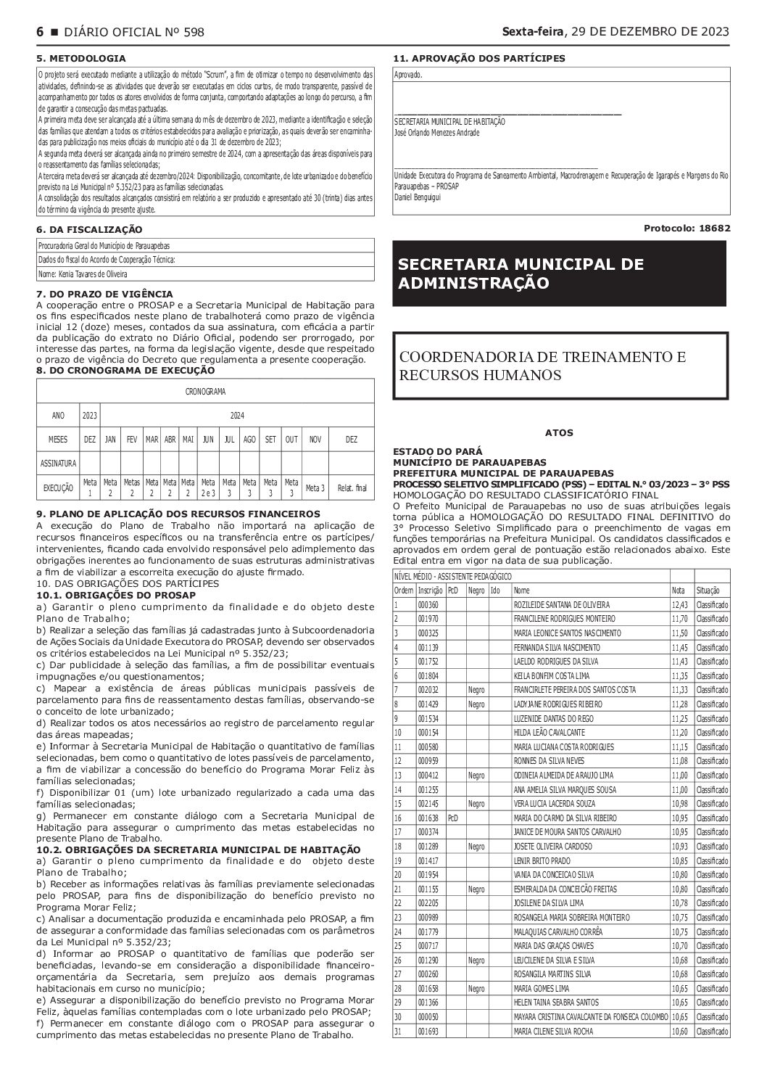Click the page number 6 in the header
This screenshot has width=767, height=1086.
coord(40,32)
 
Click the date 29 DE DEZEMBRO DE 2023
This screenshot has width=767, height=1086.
coord(650,32)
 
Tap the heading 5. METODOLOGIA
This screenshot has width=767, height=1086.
coord(80,58)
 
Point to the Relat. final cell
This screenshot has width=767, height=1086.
coord(352,488)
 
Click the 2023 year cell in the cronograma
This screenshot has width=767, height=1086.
coord(89,416)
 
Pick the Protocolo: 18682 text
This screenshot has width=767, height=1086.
coord(687,228)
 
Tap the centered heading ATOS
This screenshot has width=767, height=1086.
coord(559,433)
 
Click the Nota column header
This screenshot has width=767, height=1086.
coord(678,591)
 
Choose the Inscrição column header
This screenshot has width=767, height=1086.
coord(430,591)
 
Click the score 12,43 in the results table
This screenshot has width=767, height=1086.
coord(679,604)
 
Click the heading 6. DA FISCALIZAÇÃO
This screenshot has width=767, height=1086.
coord(89,230)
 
